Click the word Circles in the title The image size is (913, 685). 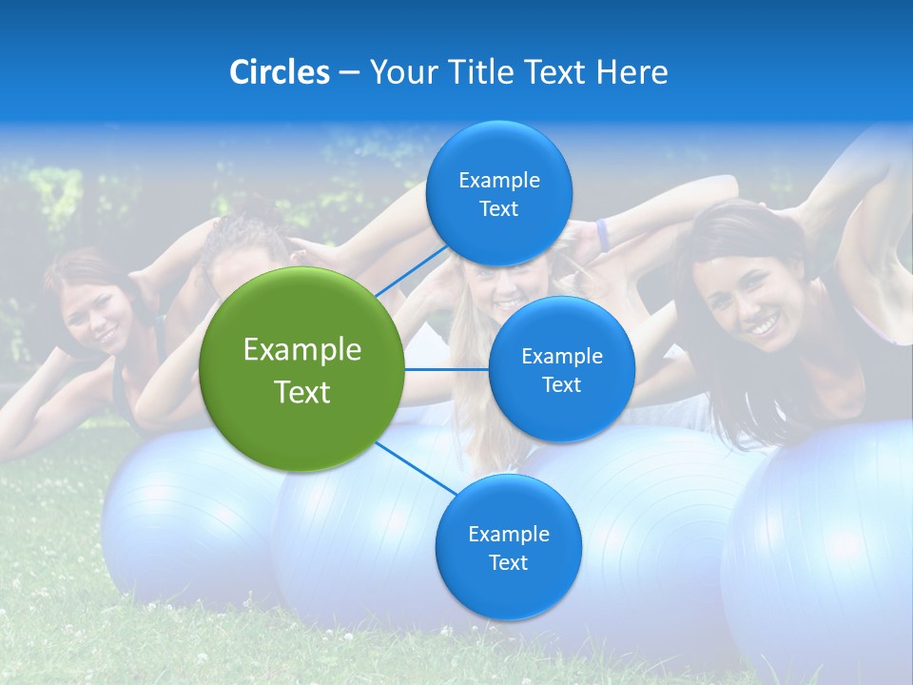click(x=279, y=72)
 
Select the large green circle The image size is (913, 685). click(x=302, y=369)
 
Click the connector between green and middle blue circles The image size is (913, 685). click(x=447, y=369)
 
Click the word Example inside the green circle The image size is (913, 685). click(x=302, y=350)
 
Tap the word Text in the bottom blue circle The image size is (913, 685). click(x=508, y=563)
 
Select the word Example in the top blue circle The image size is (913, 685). click(x=499, y=180)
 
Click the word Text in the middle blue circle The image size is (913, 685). click(x=561, y=385)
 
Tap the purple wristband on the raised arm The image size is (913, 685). click(x=602, y=235)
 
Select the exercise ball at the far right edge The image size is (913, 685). click(x=827, y=552)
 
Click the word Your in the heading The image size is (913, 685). click(x=399, y=72)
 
